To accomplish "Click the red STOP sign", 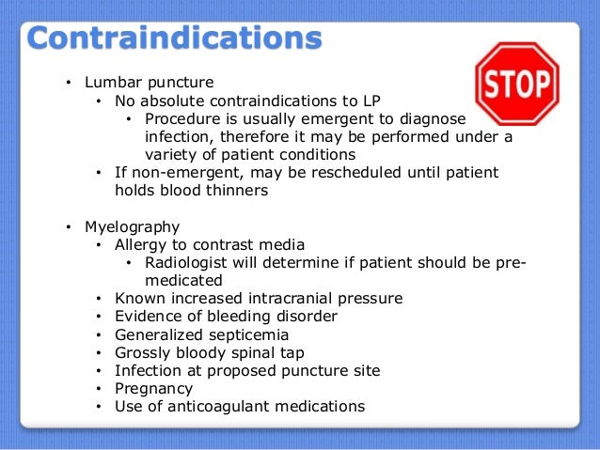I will point(517,84).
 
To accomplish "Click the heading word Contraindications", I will point(174,40).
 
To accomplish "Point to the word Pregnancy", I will point(153,388).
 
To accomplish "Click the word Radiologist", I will point(188,263).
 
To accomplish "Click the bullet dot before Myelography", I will point(68,228).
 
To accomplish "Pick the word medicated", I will point(184,280).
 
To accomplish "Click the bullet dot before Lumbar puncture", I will point(68,84).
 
